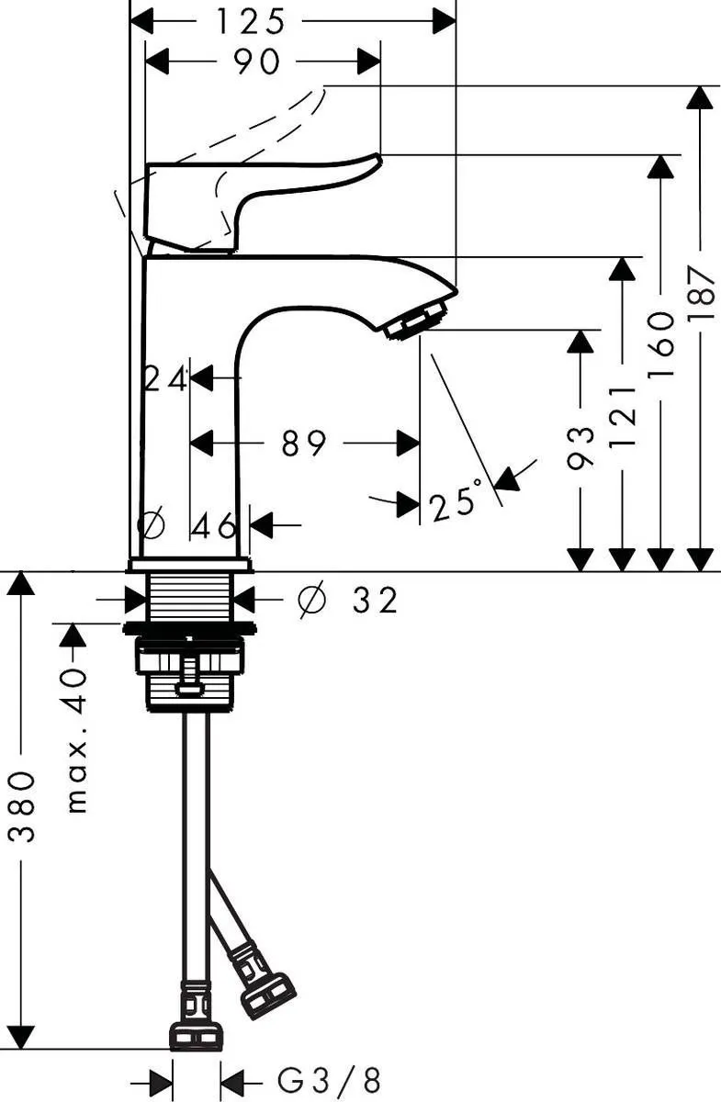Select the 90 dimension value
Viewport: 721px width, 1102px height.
pyautogui.click(x=256, y=62)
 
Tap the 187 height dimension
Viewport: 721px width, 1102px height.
pyautogui.click(x=703, y=294)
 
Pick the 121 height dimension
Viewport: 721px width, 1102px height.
pyautogui.click(x=623, y=415)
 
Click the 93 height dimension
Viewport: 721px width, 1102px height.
pyautogui.click(x=580, y=447)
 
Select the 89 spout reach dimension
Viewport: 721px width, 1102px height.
pyautogui.click(x=304, y=444)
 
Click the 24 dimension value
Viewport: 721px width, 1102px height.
pyautogui.click(x=165, y=378)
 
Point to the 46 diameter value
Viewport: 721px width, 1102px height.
pyautogui.click(x=214, y=526)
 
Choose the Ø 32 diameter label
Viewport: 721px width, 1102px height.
pyautogui.click(x=349, y=601)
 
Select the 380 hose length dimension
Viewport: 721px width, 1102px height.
pyautogui.click(x=22, y=807)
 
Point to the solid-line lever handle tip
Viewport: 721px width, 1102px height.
pyautogui.click(x=371, y=161)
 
